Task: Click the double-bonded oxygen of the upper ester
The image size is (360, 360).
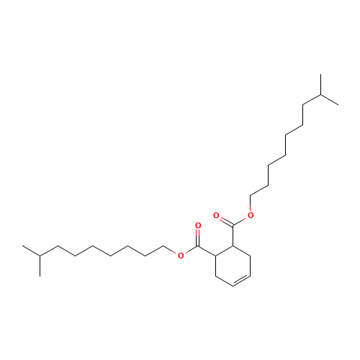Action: [x=216, y=215]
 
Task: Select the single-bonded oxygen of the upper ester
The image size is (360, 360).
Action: [x=250, y=215]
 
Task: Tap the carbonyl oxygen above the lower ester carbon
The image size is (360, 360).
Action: [x=198, y=226]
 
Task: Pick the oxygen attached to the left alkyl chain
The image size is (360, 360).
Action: [x=181, y=254]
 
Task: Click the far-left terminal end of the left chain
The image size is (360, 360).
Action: [x=24, y=247]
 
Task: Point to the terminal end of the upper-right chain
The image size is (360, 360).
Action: [x=337, y=103]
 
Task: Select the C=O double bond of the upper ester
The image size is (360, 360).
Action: [x=224, y=219]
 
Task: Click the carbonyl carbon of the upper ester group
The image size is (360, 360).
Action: [x=233, y=224]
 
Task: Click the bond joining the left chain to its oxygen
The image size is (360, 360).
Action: [x=171, y=251]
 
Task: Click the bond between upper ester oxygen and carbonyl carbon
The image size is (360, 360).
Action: [x=241, y=220]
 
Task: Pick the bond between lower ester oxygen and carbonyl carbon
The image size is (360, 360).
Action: [x=189, y=251]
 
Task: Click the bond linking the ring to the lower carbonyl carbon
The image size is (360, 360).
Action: [x=207, y=251]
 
